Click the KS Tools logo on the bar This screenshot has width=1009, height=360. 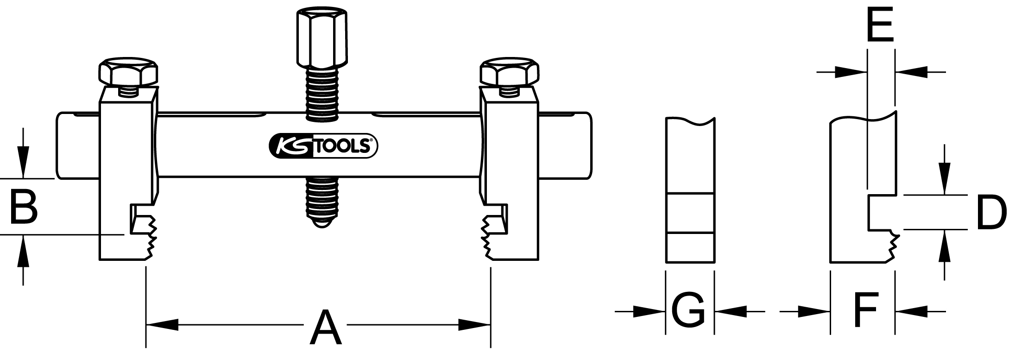point(324,146)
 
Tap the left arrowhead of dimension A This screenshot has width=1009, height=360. point(162,324)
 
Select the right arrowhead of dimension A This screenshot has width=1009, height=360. point(474,324)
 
